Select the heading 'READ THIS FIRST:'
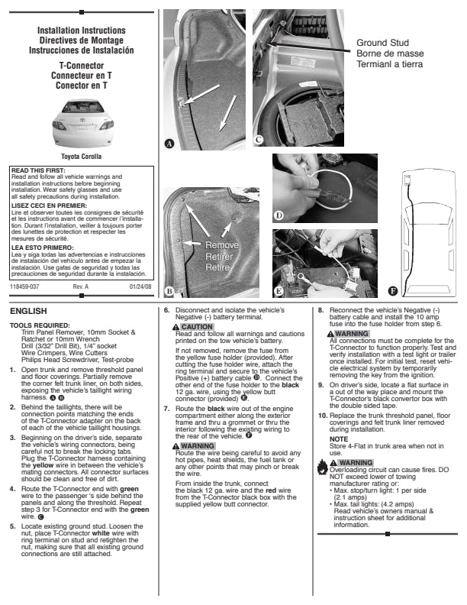coord(36,170)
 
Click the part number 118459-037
coord(25,287)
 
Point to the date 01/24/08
coord(140,287)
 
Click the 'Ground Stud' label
coord(382,43)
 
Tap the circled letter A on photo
coord(170,143)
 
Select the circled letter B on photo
coord(170,291)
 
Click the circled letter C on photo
coord(259,140)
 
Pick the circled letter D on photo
coord(279,216)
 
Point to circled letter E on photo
coord(279,291)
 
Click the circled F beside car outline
coord(393,291)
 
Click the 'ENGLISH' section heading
coord(28,311)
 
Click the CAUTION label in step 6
coord(197,327)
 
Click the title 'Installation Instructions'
coord(81,31)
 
